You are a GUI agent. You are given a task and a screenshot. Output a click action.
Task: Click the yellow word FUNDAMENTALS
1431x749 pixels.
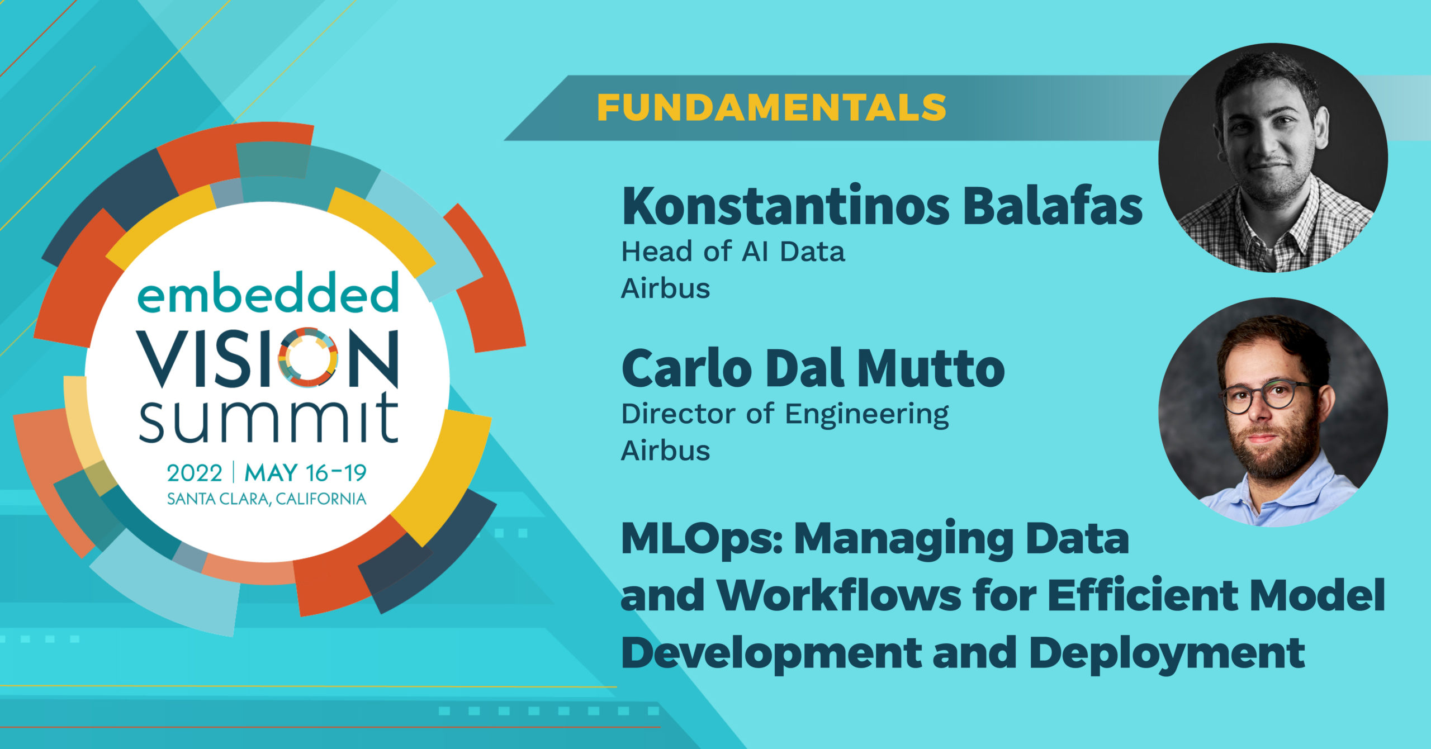pos(771,107)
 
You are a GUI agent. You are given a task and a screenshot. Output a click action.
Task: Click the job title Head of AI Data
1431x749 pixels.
pos(733,252)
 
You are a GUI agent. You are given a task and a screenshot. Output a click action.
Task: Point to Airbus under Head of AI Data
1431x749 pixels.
pos(665,288)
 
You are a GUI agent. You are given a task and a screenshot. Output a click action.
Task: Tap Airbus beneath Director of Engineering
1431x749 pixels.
pos(665,451)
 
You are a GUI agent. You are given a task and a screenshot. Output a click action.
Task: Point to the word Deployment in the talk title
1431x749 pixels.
pos(1167,654)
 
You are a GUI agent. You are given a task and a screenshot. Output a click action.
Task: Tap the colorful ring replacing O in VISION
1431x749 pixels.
pos(308,357)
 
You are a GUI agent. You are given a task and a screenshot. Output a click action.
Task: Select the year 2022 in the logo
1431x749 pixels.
pos(195,473)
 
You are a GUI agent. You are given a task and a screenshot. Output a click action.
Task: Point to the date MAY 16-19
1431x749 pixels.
pos(305,473)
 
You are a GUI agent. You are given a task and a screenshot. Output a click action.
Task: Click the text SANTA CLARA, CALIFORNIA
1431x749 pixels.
pos(267,499)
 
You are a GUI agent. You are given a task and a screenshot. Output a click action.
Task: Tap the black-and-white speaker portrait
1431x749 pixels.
pos(1273,158)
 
